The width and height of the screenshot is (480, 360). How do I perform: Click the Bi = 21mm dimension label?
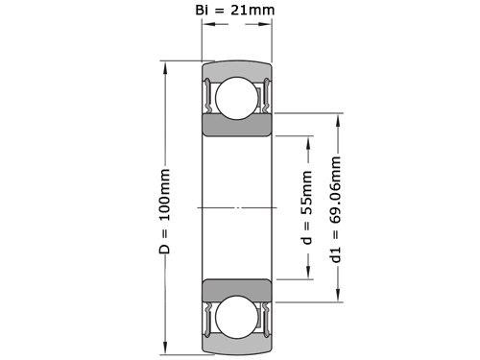click(235, 10)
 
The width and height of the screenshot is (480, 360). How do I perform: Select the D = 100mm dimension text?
click(164, 211)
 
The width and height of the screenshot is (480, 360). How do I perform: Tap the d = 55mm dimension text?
click(307, 207)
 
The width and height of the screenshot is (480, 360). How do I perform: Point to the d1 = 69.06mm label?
click(336, 209)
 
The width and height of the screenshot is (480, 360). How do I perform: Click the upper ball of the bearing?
click(237, 98)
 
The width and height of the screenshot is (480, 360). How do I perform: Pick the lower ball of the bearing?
click(237, 317)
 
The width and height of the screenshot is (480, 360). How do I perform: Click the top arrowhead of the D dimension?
click(165, 68)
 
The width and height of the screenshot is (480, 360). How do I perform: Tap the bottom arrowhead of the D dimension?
click(165, 348)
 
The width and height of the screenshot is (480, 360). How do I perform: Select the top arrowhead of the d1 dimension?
click(338, 120)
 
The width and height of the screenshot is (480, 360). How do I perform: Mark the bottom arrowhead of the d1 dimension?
click(338, 295)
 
